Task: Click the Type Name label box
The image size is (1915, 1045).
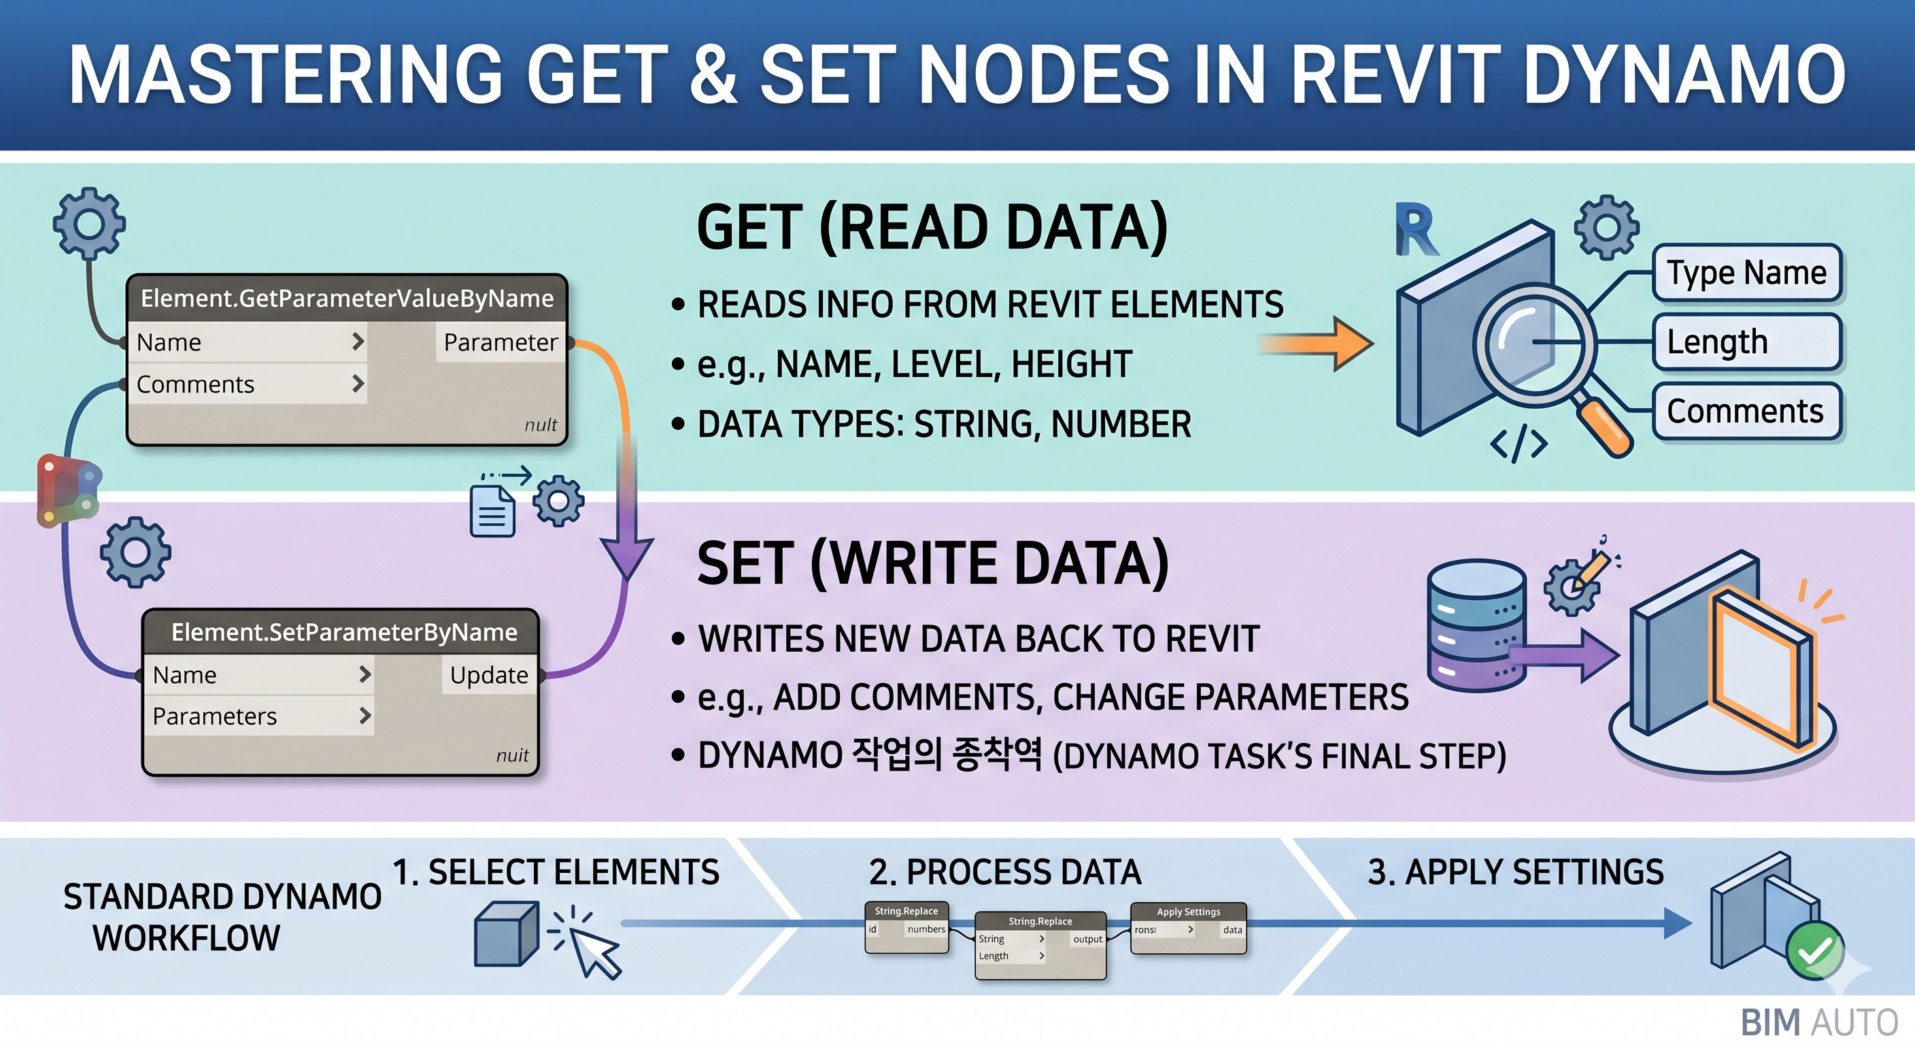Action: (1746, 273)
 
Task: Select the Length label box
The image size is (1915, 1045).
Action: (1746, 342)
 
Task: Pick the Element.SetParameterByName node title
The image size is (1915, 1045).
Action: (343, 632)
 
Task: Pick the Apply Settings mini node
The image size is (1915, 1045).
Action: (1188, 927)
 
